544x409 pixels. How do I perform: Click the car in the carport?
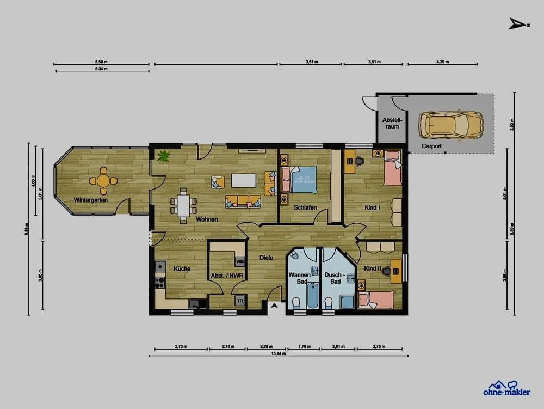(x=450, y=126)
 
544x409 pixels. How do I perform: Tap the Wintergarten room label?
(x=91, y=200)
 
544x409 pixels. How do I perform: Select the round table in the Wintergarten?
(x=103, y=180)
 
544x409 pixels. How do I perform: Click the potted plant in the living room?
(x=163, y=157)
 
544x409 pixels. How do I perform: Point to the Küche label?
(x=182, y=268)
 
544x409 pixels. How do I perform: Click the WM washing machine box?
(x=239, y=263)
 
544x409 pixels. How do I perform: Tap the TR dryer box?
(x=239, y=300)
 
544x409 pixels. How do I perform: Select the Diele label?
(x=266, y=258)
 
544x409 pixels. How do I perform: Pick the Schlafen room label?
(x=305, y=207)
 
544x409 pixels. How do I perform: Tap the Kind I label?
(x=372, y=207)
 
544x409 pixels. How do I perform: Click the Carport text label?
(x=431, y=146)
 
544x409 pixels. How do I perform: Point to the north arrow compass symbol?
(x=517, y=23)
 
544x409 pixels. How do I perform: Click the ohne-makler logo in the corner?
(x=506, y=388)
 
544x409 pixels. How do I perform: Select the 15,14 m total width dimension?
(x=278, y=353)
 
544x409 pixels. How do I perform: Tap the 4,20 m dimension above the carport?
(x=442, y=62)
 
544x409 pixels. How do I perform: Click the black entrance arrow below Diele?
(x=275, y=307)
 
